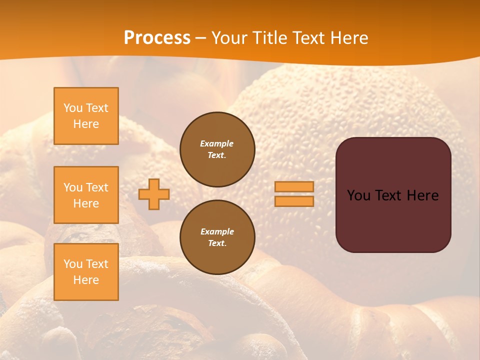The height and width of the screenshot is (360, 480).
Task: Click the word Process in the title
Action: tap(157, 38)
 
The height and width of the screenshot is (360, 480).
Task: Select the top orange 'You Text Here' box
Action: tap(86, 116)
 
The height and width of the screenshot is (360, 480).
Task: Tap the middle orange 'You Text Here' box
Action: tap(86, 195)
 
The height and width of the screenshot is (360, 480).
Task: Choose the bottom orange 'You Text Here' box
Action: tap(86, 272)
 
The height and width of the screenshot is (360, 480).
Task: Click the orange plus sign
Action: tap(154, 194)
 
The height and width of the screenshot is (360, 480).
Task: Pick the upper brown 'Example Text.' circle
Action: tap(217, 149)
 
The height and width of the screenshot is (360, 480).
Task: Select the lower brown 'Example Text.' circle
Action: tap(217, 237)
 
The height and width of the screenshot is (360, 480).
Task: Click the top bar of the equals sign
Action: tap(294, 187)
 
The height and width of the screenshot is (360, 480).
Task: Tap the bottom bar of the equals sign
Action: tap(294, 201)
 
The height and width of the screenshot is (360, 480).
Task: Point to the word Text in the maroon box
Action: tap(390, 195)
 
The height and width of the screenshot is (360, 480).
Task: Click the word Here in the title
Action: tap(349, 38)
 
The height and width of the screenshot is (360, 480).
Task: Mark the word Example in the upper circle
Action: tap(217, 143)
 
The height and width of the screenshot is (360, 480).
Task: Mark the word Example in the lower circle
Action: tap(217, 231)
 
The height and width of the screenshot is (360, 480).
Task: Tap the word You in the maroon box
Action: tap(358, 195)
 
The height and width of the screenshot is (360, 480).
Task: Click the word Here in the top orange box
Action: tap(86, 124)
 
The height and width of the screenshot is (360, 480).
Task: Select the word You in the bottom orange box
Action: tap(73, 264)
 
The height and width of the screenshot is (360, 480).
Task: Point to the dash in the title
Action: tap(201, 38)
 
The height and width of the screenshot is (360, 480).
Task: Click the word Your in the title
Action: tap(229, 38)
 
